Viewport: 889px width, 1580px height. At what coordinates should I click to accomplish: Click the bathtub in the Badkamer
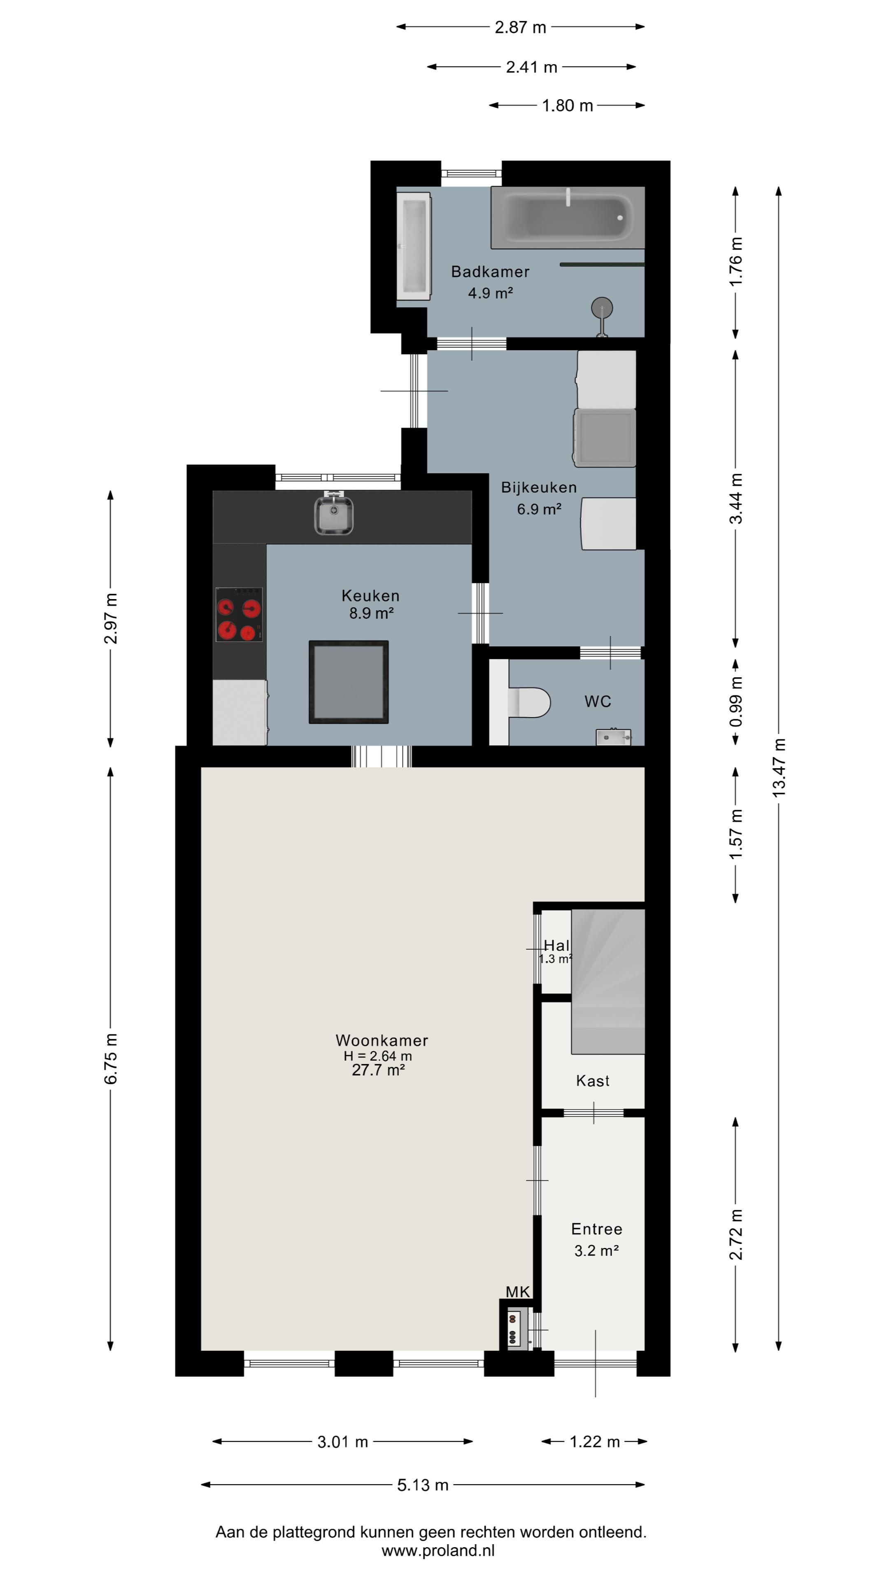568,217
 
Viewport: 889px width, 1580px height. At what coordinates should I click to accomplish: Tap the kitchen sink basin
334,515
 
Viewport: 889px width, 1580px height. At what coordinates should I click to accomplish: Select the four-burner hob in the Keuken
239,615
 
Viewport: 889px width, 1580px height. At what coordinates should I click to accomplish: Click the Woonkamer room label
382,1040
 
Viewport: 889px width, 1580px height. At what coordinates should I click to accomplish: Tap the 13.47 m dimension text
779,767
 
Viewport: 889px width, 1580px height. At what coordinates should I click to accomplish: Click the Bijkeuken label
539,488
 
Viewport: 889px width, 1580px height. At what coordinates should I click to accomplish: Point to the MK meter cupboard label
518,1292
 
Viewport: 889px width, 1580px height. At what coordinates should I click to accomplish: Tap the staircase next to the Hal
608,981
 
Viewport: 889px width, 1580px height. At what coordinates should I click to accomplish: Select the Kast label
593,1081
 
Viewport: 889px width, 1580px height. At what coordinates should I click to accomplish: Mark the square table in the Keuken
349,682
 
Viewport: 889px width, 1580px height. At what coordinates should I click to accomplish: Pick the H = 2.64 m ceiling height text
378,1056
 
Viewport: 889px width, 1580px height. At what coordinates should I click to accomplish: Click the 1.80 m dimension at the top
568,105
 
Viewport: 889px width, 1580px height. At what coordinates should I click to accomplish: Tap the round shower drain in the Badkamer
602,307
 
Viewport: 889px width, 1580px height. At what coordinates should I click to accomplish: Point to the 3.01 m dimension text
342,1441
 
